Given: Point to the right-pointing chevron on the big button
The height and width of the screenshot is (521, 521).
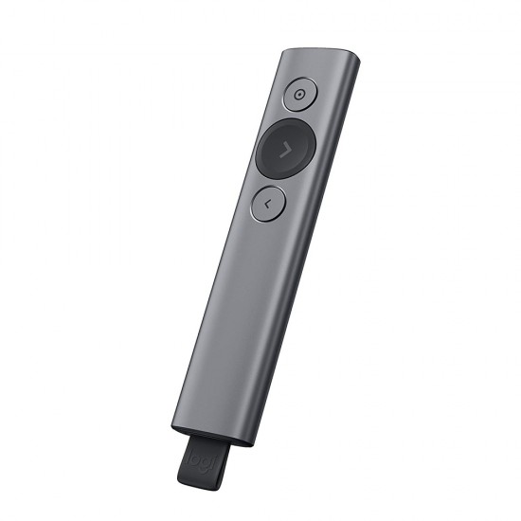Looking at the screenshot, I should point(285,147).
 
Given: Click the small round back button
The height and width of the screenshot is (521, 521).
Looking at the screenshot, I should point(268,202).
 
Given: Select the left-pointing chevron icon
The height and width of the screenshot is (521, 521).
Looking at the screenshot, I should point(268,202).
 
